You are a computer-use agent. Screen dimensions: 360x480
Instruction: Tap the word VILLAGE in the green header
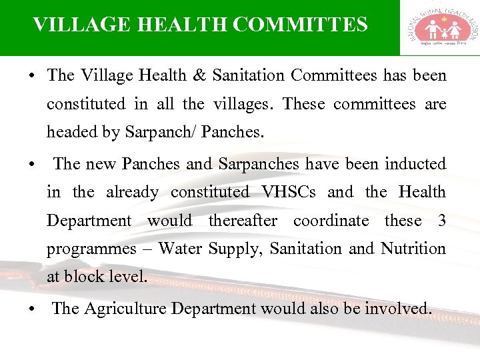(x=73, y=25)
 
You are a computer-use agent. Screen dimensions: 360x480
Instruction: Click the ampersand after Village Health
(x=199, y=75)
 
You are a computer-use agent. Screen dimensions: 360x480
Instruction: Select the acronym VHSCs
(x=289, y=192)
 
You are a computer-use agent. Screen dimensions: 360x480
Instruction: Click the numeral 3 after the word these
(x=442, y=220)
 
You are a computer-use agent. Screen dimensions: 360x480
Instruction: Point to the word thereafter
(x=243, y=220)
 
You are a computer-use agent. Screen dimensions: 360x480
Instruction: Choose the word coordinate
(x=331, y=220)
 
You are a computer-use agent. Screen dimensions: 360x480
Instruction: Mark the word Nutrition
(x=413, y=249)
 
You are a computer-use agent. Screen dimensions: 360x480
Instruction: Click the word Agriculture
(x=125, y=308)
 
